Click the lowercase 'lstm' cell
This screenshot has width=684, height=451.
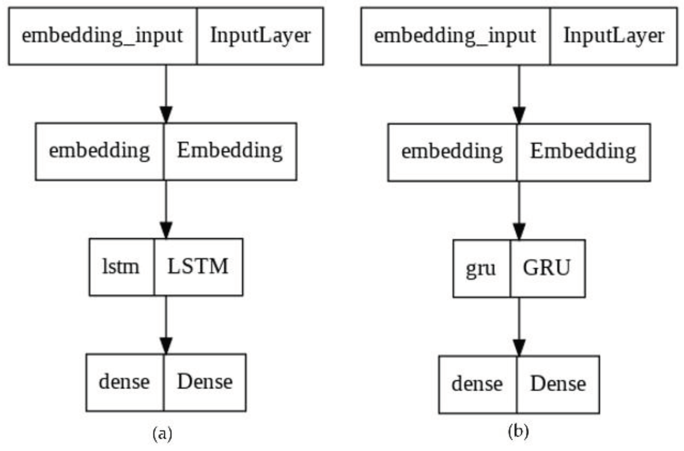[121, 267]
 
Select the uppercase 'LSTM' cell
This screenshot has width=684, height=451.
[198, 267]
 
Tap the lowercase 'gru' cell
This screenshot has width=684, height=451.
[481, 269]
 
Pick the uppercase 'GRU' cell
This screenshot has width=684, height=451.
[547, 269]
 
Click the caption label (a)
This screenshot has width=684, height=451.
[162, 434]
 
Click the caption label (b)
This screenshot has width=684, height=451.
[518, 432]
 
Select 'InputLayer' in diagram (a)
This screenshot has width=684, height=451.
[260, 36]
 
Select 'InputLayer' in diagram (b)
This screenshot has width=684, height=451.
[614, 36]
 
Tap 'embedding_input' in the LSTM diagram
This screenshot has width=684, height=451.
[102, 36]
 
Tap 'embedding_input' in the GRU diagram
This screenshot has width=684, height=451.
[455, 36]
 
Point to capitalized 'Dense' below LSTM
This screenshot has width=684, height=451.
[205, 382]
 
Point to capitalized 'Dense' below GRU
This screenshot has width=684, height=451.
[558, 384]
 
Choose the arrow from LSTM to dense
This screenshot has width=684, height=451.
[166, 323]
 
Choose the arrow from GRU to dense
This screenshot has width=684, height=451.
[519, 325]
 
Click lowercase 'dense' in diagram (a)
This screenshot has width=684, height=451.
[124, 382]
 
